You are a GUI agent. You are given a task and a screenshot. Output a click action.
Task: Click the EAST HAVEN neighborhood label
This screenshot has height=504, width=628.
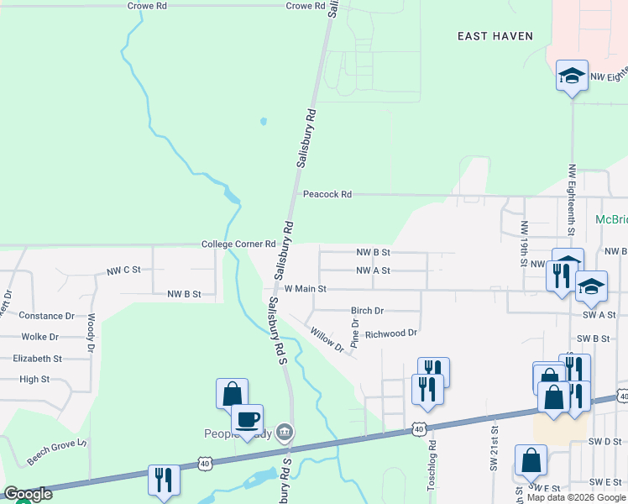(x=495, y=36)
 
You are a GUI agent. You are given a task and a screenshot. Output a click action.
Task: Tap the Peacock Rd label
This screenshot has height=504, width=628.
(x=327, y=194)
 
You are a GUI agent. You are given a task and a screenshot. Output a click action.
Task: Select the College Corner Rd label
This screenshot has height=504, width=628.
(x=238, y=244)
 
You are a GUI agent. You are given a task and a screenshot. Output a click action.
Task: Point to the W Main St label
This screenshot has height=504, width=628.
(x=305, y=288)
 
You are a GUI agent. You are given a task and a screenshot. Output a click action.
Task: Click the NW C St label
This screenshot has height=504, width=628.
(x=123, y=271)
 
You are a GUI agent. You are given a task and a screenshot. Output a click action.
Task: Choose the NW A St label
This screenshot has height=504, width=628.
(x=374, y=270)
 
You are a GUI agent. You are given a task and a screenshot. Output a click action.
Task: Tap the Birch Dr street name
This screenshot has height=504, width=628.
(x=367, y=310)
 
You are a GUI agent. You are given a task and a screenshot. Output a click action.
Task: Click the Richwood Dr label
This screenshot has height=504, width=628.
(x=390, y=333)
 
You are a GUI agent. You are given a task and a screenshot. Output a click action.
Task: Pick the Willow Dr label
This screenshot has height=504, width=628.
(x=327, y=340)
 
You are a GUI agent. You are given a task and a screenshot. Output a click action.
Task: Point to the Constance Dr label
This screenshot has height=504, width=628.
(x=47, y=316)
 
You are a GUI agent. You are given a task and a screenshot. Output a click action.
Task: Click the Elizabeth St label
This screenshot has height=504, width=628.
(x=38, y=358)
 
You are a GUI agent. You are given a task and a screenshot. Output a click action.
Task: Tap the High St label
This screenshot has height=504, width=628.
(x=34, y=379)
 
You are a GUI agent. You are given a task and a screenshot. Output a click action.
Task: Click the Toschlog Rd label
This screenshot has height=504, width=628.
(x=433, y=461)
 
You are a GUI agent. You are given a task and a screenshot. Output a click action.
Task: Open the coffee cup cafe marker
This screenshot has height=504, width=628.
(x=247, y=419)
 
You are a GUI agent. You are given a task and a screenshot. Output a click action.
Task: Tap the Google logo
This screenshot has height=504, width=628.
(x=28, y=495)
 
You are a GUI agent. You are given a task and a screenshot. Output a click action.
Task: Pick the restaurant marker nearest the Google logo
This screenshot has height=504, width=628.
(x=160, y=480)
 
